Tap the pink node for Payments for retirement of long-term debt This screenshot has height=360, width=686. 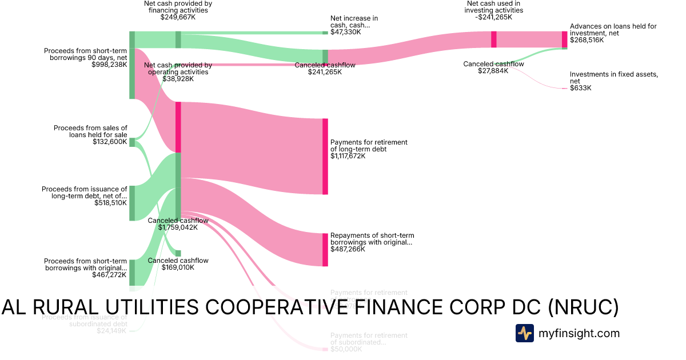[x=325, y=156]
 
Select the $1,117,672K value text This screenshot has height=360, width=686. [x=348, y=156]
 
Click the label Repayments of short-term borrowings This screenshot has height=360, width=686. [x=372, y=239]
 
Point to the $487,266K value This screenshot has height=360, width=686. [x=348, y=249]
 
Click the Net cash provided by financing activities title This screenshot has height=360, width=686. [x=178, y=6]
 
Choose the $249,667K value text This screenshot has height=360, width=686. [x=178, y=17]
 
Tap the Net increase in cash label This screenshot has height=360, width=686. [x=354, y=22]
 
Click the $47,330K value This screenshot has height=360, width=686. [x=345, y=32]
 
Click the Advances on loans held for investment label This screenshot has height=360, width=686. [x=613, y=30]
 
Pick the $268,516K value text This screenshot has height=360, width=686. [x=587, y=41]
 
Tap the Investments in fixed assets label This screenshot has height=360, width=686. [x=613, y=78]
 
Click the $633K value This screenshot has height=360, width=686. [x=580, y=88]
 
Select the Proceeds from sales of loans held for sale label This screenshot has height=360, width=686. [x=90, y=131]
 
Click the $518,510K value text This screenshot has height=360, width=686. [x=110, y=202]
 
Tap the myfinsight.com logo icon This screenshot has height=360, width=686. [x=525, y=333]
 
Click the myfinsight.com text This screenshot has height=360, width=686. [x=579, y=333]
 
